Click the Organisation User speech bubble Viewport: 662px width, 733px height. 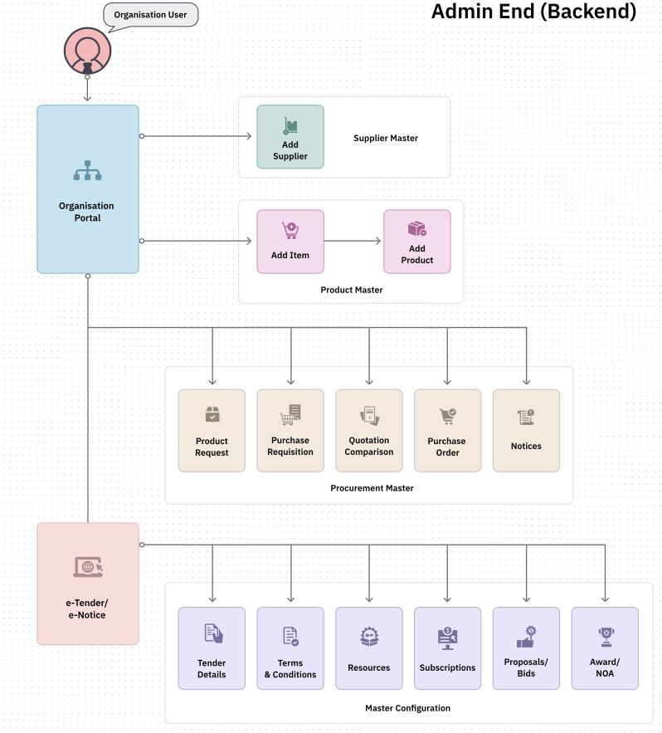(150, 15)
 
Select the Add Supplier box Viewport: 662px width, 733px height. (290, 136)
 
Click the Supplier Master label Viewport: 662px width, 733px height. (386, 138)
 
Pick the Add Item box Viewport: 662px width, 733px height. (290, 241)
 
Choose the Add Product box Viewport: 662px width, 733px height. (417, 241)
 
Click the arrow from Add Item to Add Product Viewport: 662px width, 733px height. (353, 241)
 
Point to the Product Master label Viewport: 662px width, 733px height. (352, 290)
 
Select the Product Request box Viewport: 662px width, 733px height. (212, 430)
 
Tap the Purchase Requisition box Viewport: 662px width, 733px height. (290, 430)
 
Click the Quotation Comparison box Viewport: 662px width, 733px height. (369, 430)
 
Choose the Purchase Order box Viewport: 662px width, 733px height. (448, 430)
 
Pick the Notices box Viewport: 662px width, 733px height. (526, 430)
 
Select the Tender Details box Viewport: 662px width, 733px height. (212, 647)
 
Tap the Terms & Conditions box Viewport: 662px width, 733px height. (290, 647)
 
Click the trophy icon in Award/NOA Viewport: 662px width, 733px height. (605, 637)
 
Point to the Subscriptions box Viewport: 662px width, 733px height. (448, 647)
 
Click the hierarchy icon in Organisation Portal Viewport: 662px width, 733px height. (87, 171)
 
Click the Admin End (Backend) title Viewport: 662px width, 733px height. (534, 12)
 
